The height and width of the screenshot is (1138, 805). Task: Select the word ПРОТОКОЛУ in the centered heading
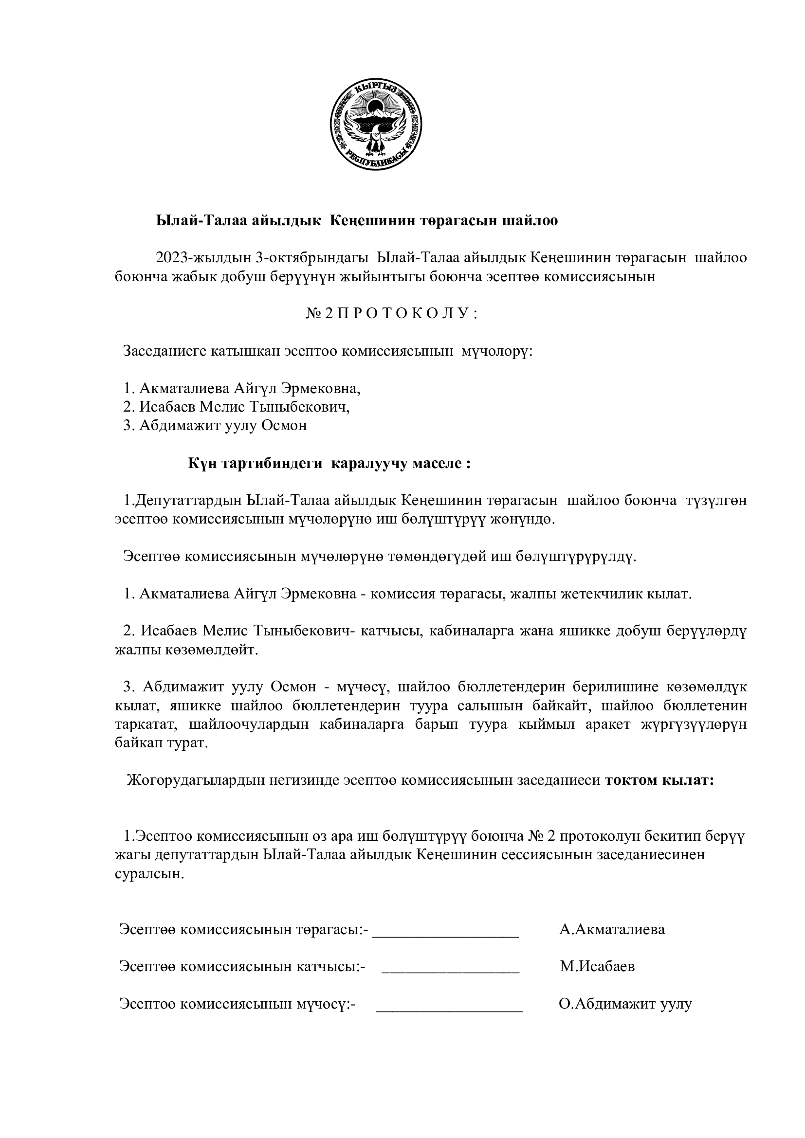[x=406, y=314]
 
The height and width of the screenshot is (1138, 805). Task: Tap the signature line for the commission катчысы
[x=450, y=971]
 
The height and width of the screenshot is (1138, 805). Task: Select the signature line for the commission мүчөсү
[x=450, y=1008]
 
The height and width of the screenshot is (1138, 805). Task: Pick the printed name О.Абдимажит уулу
[x=625, y=1004]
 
